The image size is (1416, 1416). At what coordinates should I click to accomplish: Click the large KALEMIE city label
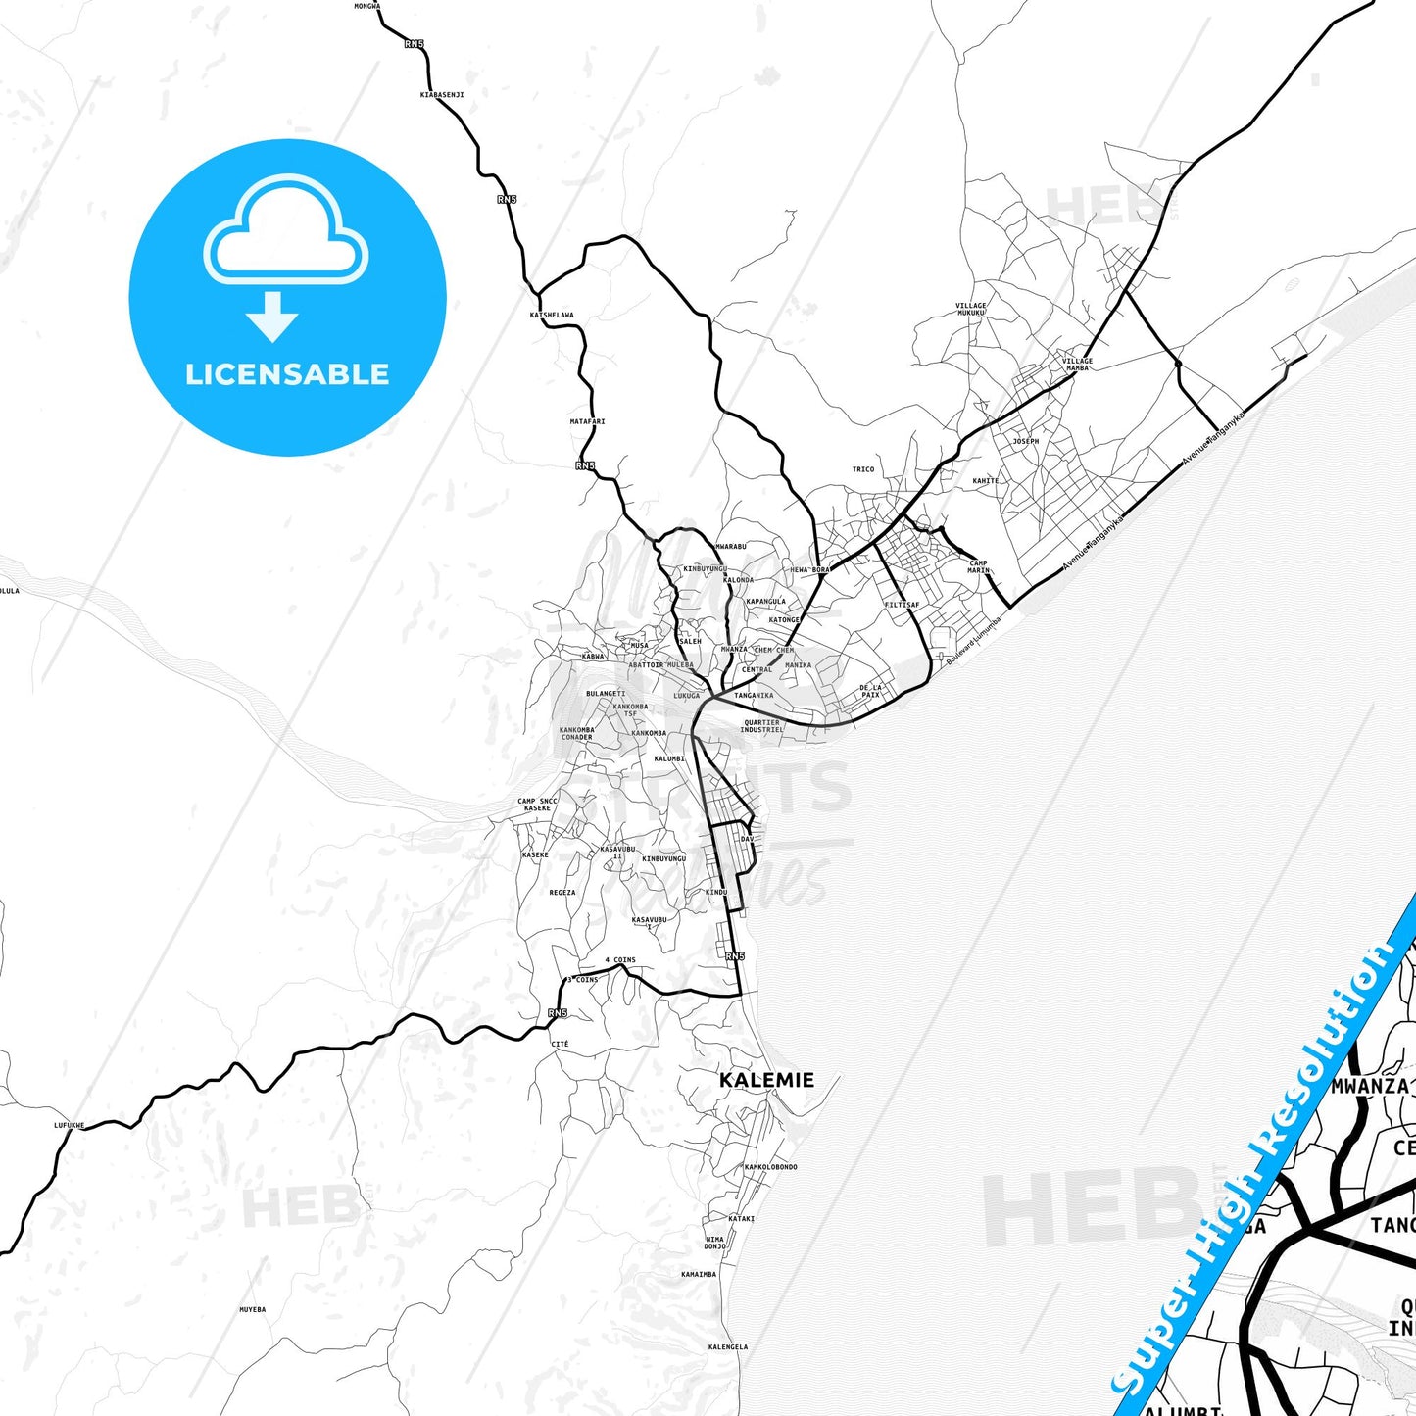(x=766, y=1080)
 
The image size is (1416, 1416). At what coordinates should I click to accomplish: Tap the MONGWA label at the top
(x=367, y=6)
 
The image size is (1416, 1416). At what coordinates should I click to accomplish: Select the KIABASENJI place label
(x=442, y=95)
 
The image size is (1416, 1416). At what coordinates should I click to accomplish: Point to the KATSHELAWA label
(x=552, y=316)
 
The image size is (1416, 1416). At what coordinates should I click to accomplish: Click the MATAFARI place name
(x=587, y=421)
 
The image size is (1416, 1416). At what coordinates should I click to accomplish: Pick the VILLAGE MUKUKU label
(x=971, y=309)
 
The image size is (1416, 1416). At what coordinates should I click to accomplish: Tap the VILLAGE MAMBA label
(x=1077, y=364)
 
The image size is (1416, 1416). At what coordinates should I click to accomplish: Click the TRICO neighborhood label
(x=863, y=469)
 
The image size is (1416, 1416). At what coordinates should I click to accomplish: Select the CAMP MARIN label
(x=978, y=566)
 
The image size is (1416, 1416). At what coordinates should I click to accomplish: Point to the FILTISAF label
(x=902, y=605)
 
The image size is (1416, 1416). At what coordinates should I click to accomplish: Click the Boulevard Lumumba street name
(x=974, y=641)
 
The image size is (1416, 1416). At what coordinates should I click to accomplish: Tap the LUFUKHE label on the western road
(x=69, y=1126)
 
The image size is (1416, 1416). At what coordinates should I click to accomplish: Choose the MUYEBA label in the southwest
(x=252, y=1309)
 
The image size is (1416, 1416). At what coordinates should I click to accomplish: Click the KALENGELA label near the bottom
(x=727, y=1346)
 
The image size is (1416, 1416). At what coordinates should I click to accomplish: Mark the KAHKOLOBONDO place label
(x=770, y=1167)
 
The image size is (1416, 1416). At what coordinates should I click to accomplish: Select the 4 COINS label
(x=620, y=960)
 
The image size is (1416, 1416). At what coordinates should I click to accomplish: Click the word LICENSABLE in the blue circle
(x=287, y=374)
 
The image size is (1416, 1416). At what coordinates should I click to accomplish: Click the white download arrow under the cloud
(x=272, y=317)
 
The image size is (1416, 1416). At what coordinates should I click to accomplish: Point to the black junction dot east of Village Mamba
(x=1178, y=364)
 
